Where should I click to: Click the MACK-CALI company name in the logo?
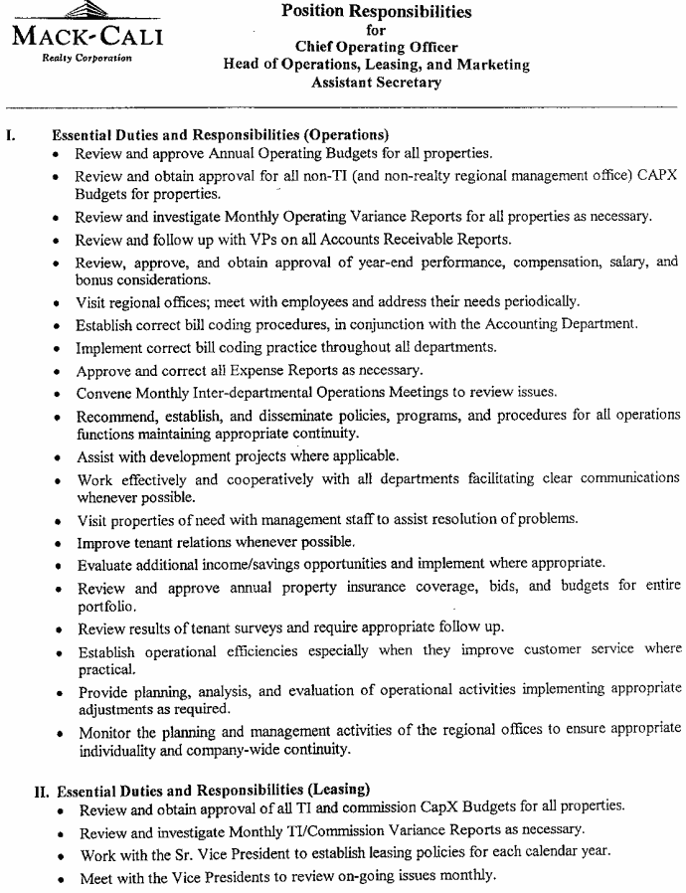(87, 39)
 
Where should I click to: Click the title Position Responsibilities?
(377, 12)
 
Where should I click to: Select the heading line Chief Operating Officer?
(377, 47)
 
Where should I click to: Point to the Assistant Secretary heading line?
(377, 84)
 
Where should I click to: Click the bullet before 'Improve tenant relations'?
(62, 542)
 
